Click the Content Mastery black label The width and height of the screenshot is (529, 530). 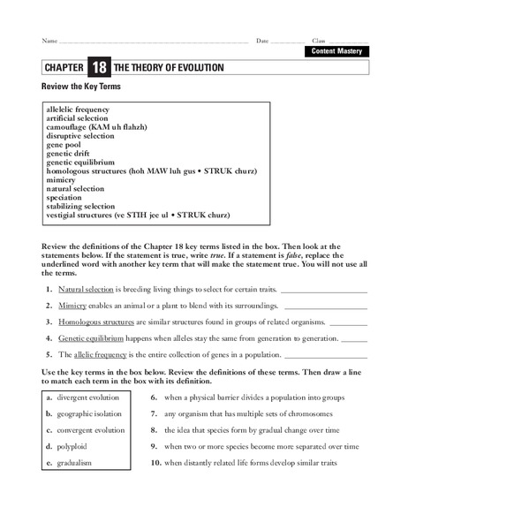click(x=336, y=51)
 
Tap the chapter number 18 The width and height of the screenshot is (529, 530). click(x=97, y=68)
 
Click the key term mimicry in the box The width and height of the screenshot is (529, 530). click(x=63, y=179)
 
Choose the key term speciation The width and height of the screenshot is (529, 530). click(x=64, y=197)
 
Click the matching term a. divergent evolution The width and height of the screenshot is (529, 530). click(x=87, y=397)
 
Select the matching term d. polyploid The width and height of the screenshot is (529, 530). click(x=72, y=446)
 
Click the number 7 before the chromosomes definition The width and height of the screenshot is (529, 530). click(x=154, y=413)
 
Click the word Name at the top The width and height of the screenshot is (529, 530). click(x=49, y=41)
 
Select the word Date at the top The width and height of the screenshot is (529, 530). click(x=262, y=41)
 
